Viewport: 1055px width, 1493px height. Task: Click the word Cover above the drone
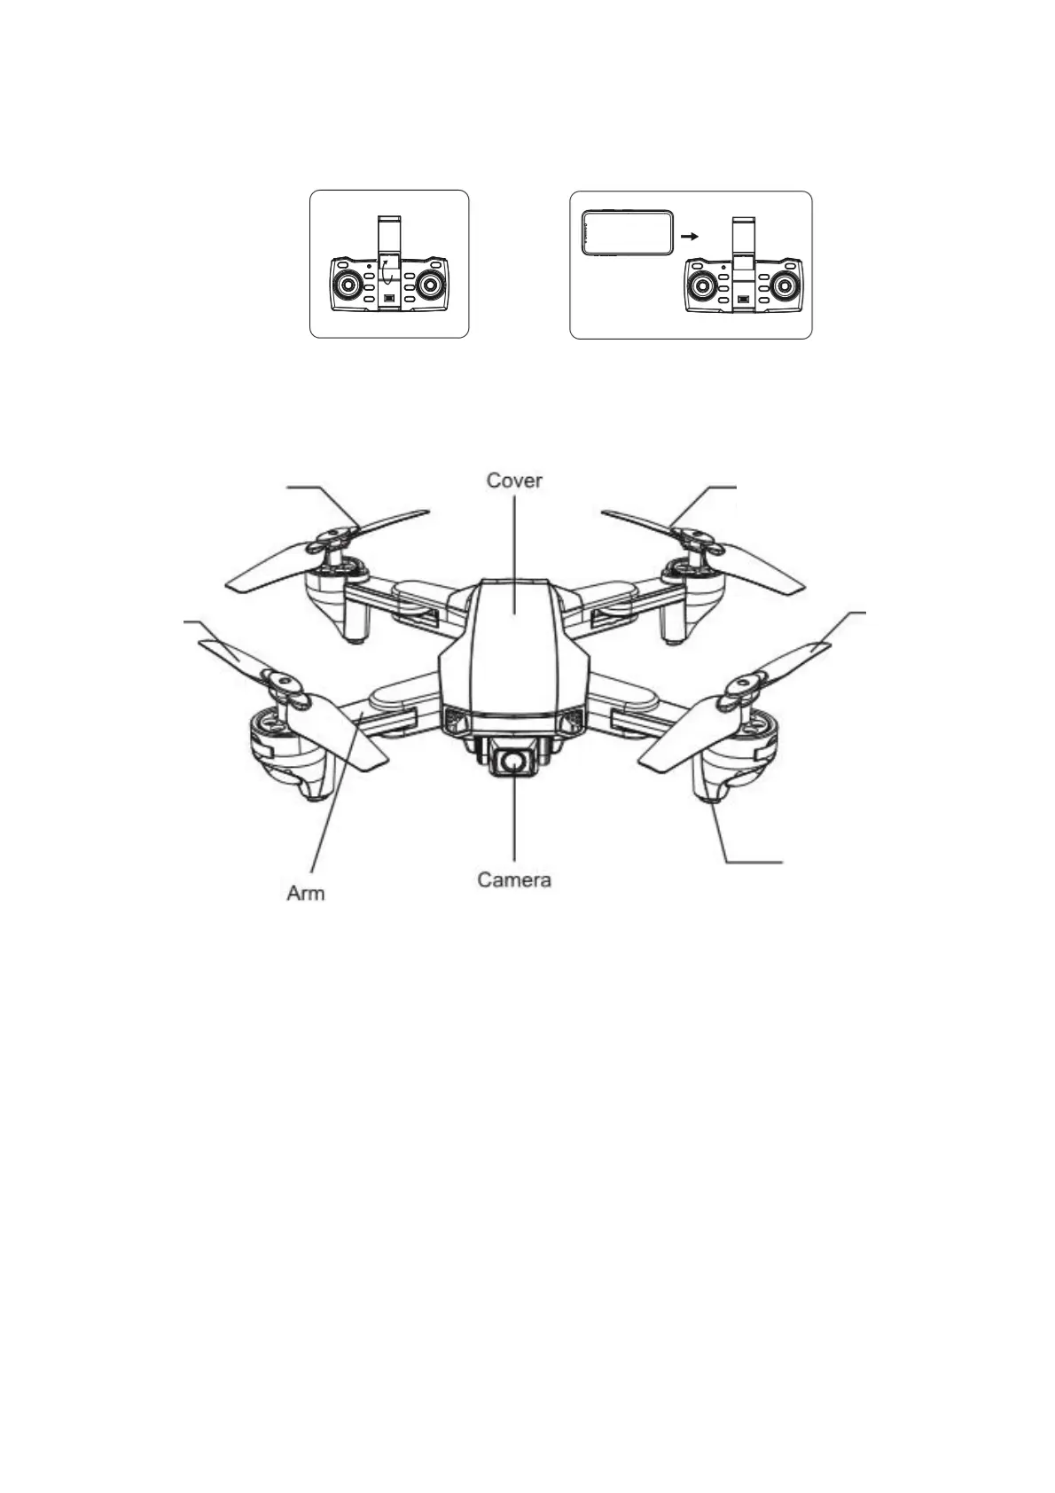click(x=514, y=481)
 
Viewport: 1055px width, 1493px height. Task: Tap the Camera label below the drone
click(x=514, y=879)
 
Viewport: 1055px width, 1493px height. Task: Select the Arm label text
click(x=306, y=893)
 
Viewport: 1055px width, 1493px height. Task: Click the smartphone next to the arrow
click(x=627, y=234)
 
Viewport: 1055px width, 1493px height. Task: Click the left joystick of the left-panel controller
click(x=347, y=285)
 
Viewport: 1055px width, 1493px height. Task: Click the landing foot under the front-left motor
click(x=314, y=793)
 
